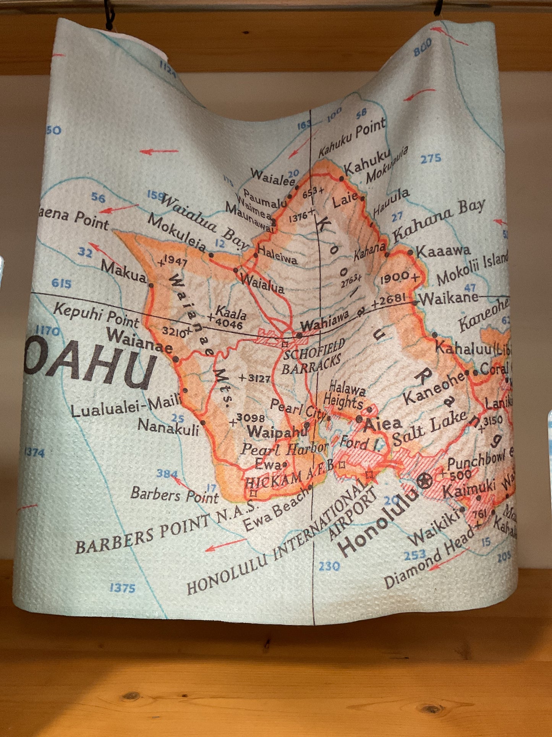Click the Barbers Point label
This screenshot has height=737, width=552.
(x=174, y=495)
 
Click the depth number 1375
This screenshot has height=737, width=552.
(x=122, y=588)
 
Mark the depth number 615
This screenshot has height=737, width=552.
(x=62, y=283)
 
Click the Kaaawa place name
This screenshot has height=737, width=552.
(x=443, y=251)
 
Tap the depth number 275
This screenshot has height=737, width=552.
(x=431, y=158)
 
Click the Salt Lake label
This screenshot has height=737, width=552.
(x=429, y=428)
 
